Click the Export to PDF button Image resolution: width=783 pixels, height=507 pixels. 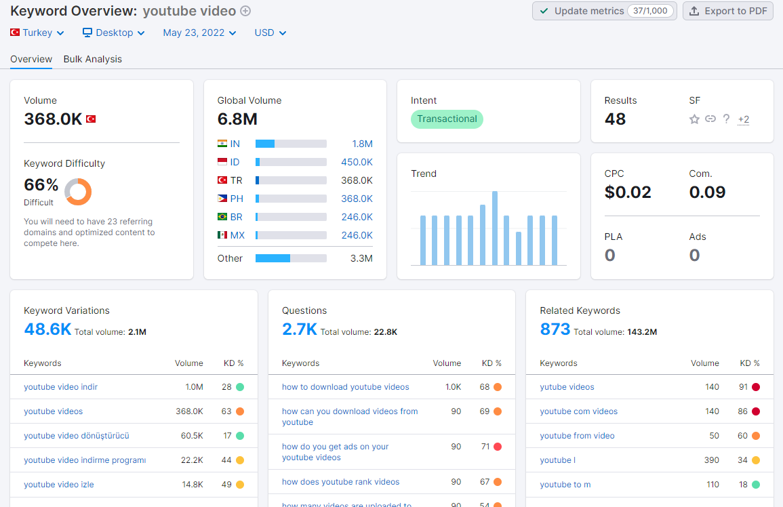pyautogui.click(x=727, y=11)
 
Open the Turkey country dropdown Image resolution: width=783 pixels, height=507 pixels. pyautogui.click(x=37, y=33)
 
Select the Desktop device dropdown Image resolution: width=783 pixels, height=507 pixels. pyautogui.click(x=113, y=33)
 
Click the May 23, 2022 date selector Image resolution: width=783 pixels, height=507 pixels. pyautogui.click(x=199, y=33)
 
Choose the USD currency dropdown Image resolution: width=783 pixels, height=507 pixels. pyautogui.click(x=270, y=33)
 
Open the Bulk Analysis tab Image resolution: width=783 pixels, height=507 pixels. pyautogui.click(x=92, y=59)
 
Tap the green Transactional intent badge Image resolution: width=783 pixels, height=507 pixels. pyautogui.click(x=447, y=119)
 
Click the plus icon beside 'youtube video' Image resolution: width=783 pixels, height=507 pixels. pyautogui.click(x=245, y=11)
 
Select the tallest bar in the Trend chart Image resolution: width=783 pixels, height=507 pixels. pyautogui.click(x=495, y=228)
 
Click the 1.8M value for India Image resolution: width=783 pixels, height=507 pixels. pyautogui.click(x=362, y=144)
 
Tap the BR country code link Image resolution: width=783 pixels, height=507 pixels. pyautogui.click(x=236, y=217)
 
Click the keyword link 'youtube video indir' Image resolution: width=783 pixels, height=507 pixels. pyautogui.click(x=60, y=386)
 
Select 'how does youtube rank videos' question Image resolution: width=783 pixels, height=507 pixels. pyautogui.click(x=340, y=481)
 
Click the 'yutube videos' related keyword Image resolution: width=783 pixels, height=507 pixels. pyautogui.click(x=567, y=386)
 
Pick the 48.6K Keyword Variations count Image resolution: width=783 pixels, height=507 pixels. pyautogui.click(x=47, y=329)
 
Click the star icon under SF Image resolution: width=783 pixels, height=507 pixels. pyautogui.click(x=694, y=119)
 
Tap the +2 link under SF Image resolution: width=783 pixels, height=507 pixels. pyautogui.click(x=744, y=119)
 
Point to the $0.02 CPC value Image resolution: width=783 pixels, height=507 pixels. pyautogui.click(x=628, y=192)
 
